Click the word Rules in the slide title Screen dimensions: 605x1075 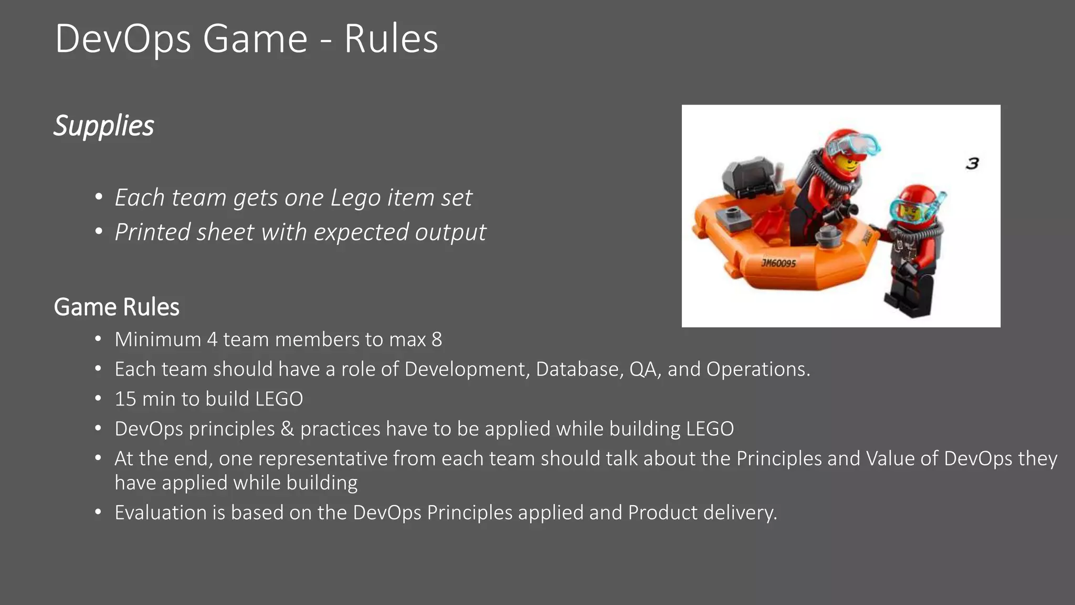[x=391, y=39]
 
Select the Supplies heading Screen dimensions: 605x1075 [x=104, y=126]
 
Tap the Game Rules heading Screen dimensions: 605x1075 [x=117, y=307]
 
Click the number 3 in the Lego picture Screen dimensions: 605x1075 [x=972, y=163]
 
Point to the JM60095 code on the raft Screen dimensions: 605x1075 [x=778, y=263]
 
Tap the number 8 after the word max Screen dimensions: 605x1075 [x=437, y=340]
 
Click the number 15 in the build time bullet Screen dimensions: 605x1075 [x=125, y=399]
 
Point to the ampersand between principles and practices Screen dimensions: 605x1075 [x=287, y=429]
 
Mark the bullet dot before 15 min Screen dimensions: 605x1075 [x=98, y=399]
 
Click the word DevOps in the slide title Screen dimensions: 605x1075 [x=123, y=39]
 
